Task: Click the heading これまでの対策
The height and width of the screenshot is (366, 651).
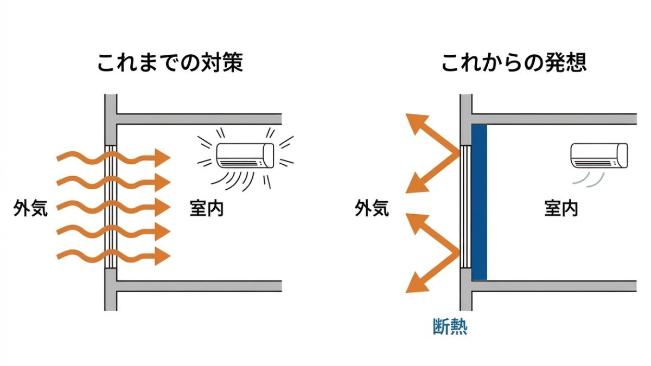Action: click(x=170, y=63)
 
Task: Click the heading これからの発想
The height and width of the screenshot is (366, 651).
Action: click(x=514, y=63)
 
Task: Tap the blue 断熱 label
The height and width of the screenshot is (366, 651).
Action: click(x=450, y=326)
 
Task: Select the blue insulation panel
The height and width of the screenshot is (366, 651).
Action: click(x=479, y=202)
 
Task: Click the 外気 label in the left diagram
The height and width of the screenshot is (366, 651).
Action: click(x=31, y=208)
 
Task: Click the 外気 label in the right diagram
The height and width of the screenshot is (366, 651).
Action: click(x=372, y=208)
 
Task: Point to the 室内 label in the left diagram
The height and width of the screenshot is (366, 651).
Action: click(x=207, y=208)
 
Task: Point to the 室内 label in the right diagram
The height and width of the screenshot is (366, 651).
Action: click(x=561, y=208)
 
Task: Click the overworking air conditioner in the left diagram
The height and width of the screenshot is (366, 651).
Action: click(x=246, y=155)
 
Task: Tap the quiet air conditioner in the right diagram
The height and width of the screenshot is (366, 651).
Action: click(x=599, y=155)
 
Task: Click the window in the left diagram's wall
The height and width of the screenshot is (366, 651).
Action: click(x=111, y=206)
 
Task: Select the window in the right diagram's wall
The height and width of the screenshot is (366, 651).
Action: click(x=465, y=206)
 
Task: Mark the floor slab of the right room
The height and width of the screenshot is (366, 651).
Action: click(x=553, y=286)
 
